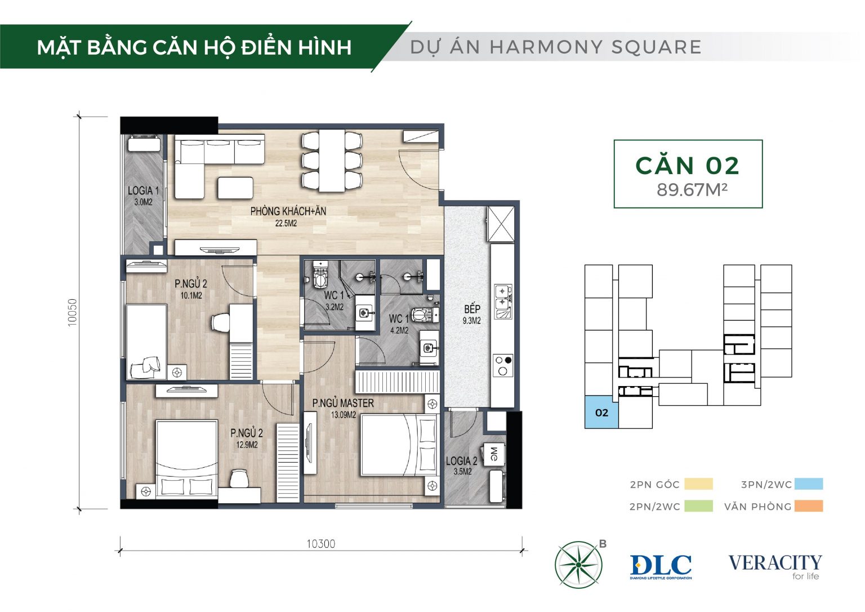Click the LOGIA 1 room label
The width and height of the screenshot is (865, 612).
(x=143, y=190)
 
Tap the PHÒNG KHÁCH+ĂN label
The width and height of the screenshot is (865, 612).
(x=288, y=211)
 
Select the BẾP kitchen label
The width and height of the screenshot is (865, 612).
(x=472, y=309)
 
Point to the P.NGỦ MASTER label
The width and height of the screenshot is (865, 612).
(x=343, y=403)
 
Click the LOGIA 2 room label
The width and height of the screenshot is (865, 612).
(x=461, y=461)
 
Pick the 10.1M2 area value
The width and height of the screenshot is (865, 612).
(x=191, y=295)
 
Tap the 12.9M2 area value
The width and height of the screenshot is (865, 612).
(x=247, y=445)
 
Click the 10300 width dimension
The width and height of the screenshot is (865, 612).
(x=321, y=544)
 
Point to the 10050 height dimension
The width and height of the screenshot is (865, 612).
(x=73, y=313)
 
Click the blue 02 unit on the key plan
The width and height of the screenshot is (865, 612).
(x=601, y=413)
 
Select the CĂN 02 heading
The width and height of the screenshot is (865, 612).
(x=688, y=166)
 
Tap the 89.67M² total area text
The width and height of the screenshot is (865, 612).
(x=692, y=190)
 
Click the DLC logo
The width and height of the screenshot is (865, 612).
(x=661, y=566)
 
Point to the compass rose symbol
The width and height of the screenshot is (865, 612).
(x=578, y=565)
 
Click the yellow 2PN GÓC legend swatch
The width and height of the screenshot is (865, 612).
(x=698, y=484)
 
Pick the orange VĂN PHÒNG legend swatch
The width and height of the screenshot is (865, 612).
(x=809, y=506)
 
